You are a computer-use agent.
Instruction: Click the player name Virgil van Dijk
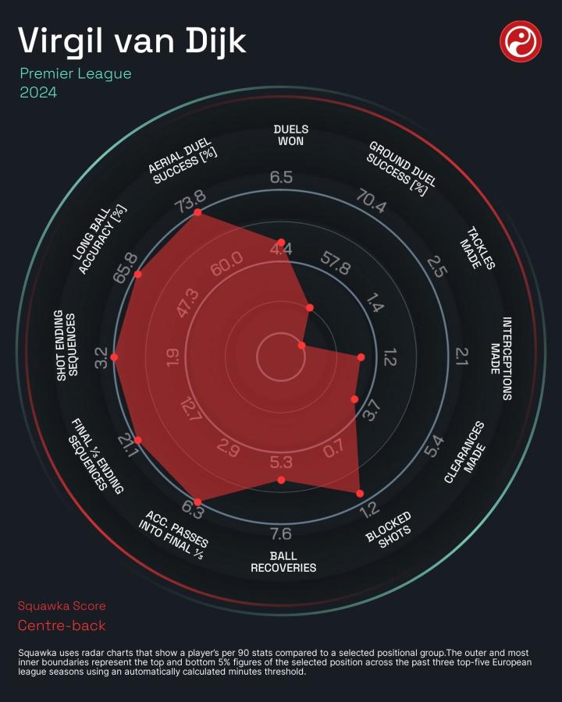(132, 41)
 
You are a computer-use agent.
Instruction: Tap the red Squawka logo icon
(521, 41)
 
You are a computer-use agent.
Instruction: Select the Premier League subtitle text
(76, 75)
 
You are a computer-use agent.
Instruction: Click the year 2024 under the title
(38, 92)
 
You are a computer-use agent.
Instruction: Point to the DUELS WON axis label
(291, 135)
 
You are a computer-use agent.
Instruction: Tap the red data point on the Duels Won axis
(282, 243)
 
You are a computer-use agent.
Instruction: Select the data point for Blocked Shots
(360, 493)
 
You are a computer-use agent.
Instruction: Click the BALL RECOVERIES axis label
(283, 562)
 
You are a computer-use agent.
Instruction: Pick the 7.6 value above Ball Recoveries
(281, 534)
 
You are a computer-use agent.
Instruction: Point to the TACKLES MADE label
(480, 249)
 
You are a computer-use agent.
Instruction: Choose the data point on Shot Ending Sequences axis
(115, 356)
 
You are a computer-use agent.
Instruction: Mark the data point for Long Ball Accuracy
(139, 275)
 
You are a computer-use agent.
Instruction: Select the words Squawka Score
(62, 606)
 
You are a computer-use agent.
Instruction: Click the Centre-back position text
(62, 626)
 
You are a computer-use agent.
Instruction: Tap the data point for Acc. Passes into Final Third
(197, 502)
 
